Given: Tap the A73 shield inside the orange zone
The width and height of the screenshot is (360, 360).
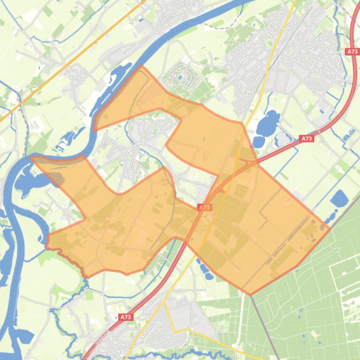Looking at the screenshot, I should pos(204,207).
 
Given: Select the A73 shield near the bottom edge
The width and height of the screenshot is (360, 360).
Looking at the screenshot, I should pos(125,317).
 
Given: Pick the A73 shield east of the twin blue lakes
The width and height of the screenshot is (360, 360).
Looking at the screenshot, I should pos(306,138).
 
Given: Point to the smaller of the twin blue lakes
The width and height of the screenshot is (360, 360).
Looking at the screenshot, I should pos(259,141).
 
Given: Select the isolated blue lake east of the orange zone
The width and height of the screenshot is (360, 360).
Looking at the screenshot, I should pos(339,199).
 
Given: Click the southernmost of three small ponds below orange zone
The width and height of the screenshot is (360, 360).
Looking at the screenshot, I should pos(209,276).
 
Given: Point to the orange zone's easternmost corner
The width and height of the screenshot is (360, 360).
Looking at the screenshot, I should pos(330,229).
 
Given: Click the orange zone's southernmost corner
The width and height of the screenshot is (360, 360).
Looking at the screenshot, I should pos(250,295).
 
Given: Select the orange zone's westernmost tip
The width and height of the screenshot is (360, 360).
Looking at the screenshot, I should pos(31,158).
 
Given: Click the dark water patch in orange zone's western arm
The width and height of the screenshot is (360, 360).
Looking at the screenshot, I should pos(56,177).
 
